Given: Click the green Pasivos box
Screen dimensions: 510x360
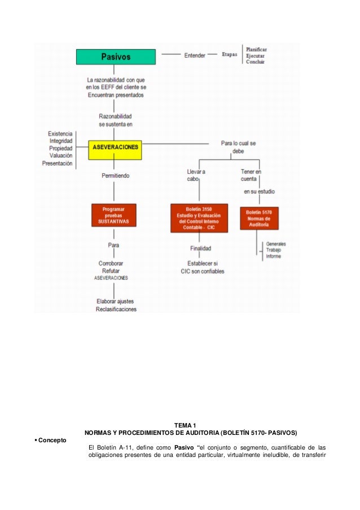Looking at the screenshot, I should click(x=116, y=56).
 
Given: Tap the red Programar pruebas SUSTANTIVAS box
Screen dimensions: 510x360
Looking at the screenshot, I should click(x=115, y=216).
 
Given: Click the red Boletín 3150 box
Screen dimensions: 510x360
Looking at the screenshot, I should click(x=199, y=218).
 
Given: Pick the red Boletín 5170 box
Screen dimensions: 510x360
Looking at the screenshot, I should click(x=259, y=218).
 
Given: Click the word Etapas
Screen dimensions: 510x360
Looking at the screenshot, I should click(x=229, y=55).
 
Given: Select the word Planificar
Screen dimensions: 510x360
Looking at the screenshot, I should click(x=256, y=49).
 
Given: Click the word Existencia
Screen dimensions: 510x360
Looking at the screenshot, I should click(x=60, y=134).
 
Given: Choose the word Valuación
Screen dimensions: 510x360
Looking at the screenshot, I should click(x=61, y=156).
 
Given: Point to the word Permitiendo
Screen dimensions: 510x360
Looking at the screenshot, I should click(x=115, y=176).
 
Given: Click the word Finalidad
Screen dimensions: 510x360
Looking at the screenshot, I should click(x=200, y=247).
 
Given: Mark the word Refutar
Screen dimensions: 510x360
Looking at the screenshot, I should click(x=111, y=271).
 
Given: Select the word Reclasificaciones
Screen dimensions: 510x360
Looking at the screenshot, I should click(x=116, y=309).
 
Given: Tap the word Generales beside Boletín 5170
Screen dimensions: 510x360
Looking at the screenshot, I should click(x=276, y=244).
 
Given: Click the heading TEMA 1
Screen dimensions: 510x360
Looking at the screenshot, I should click(x=185, y=425).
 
